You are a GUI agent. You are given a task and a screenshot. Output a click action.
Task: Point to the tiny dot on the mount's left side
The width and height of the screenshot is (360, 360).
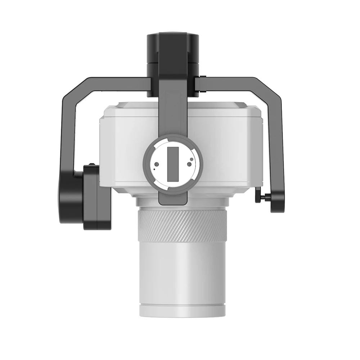(x=154, y=166)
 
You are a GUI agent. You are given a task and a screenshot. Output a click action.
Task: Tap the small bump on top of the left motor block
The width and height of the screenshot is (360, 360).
(x=92, y=165)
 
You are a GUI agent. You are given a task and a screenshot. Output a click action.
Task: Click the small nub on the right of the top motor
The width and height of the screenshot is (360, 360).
(x=203, y=78)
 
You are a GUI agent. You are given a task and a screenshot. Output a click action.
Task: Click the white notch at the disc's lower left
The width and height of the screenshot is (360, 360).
(x=159, y=183)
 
